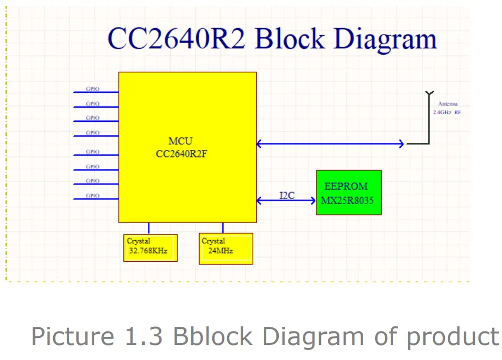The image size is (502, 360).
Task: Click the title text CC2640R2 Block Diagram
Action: tap(272, 39)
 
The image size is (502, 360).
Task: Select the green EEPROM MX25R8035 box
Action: tap(349, 193)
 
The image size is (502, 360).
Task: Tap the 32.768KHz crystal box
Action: tap(150, 247)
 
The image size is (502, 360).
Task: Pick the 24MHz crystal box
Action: tap(226, 248)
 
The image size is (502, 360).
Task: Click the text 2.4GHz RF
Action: tap(447, 113)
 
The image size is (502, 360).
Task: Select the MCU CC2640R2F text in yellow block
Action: tap(181, 148)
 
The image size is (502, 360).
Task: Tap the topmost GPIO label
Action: tap(93, 89)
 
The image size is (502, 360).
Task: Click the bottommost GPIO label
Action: tap(93, 196)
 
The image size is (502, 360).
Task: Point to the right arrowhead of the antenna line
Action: tap(401, 144)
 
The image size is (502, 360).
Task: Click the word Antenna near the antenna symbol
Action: tap(448, 104)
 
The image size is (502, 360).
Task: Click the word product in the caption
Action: tap(453, 336)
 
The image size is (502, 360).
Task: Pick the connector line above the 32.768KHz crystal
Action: tap(148, 228)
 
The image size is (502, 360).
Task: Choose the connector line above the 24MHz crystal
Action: tap(223, 228)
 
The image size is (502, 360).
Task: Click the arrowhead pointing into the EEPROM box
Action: tap(313, 201)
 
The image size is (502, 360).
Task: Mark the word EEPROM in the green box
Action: tap(346, 187)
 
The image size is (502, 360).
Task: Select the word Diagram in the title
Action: tap(385, 39)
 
